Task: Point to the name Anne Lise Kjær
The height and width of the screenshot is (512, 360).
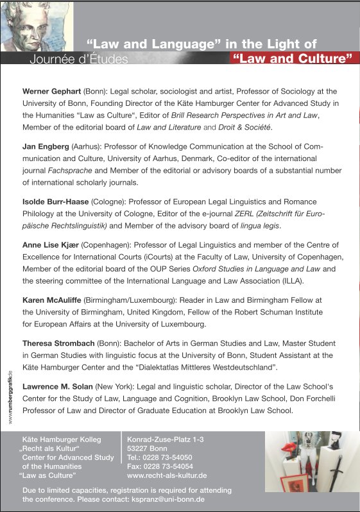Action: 50,245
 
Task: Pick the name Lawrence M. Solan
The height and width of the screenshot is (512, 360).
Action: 58,387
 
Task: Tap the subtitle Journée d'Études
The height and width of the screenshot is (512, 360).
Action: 78,60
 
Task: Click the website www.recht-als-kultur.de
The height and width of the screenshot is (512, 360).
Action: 167,476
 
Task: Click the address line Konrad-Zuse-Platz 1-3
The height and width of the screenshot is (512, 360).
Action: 166,439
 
